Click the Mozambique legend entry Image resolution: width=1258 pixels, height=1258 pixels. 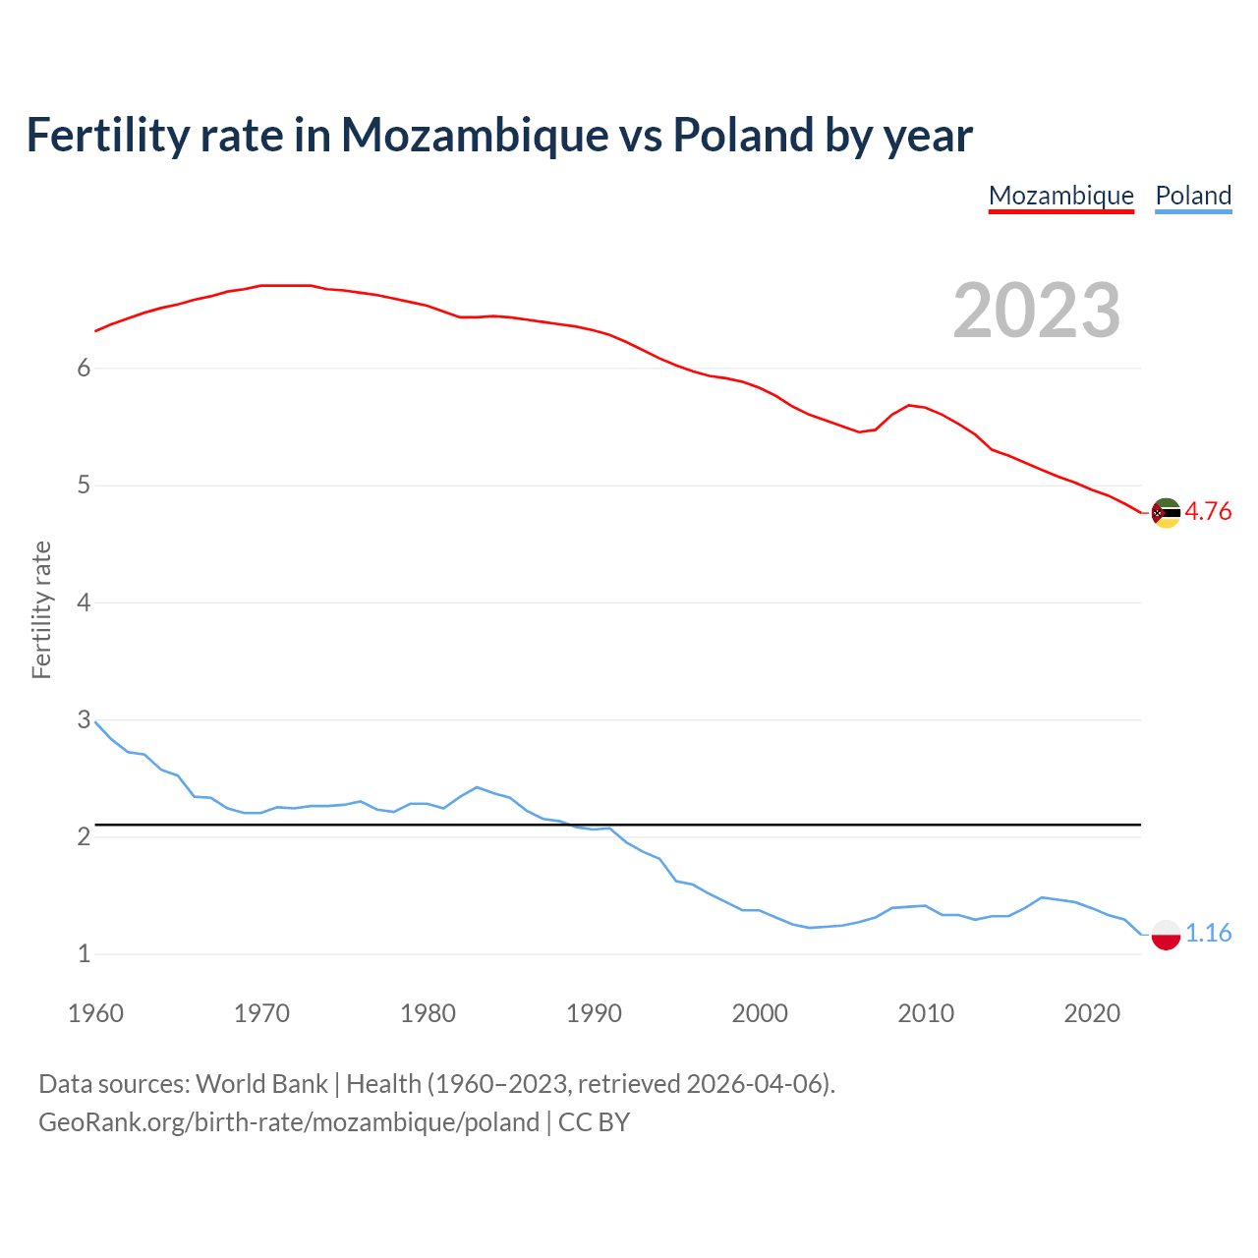(1060, 196)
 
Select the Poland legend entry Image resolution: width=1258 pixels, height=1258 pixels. (1193, 196)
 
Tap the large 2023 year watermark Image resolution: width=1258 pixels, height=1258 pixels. (1037, 311)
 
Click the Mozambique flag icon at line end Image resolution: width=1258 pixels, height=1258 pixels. (1166, 513)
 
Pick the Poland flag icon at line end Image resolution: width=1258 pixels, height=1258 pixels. (1166, 934)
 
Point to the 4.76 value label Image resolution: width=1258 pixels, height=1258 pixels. (1208, 512)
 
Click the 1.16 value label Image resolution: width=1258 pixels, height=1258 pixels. (1208, 933)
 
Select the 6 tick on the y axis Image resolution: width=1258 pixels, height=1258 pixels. (84, 369)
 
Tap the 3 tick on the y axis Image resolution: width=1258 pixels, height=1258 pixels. (84, 720)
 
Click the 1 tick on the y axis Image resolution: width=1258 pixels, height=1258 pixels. (84, 954)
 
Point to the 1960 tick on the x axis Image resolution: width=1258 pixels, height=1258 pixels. (95, 1013)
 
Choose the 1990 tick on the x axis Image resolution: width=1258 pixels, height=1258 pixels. (594, 1013)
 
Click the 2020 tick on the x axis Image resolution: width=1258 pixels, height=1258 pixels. (1092, 1013)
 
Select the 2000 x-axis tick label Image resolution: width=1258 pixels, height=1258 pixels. (760, 1013)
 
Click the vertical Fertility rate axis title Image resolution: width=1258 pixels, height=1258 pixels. (41, 609)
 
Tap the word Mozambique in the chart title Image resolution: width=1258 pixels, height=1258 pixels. (475, 136)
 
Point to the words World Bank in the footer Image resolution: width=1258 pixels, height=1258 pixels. (261, 1084)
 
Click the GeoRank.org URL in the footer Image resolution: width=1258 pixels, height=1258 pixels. (289, 1122)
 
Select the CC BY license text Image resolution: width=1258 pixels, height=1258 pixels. (594, 1122)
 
